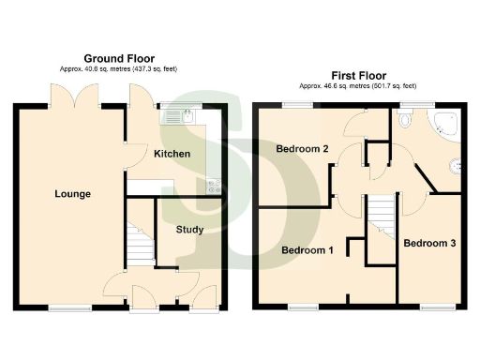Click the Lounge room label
pyautogui.click(x=72, y=194)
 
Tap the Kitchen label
pyautogui.click(x=172, y=154)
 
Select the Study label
pyautogui.click(x=189, y=229)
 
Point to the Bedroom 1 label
pyautogui.click(x=307, y=250)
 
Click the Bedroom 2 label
pyautogui.click(x=301, y=149)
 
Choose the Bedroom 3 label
pyautogui.click(x=429, y=243)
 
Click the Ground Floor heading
pyautogui.click(x=119, y=58)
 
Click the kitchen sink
pyautogui.click(x=178, y=117)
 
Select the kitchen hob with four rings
pyautogui.click(x=214, y=186)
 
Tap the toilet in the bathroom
pyautogui.click(x=405, y=118)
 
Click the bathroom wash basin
pyautogui.click(x=456, y=167)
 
